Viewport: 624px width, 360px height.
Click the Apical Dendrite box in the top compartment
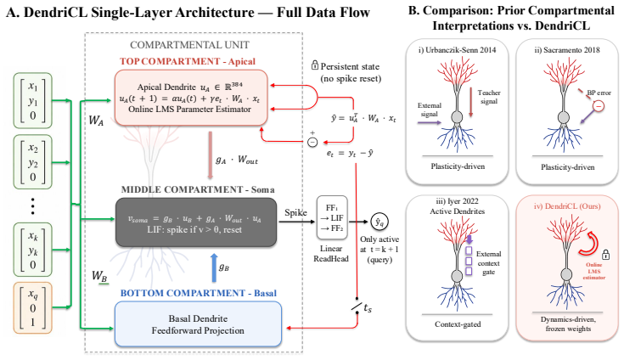pyautogui.click(x=191, y=98)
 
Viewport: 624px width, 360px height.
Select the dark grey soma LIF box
pyautogui.click(x=196, y=222)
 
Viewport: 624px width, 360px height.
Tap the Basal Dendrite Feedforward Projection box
pyautogui.click(x=198, y=324)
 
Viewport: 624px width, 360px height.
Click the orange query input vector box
pyautogui.click(x=32, y=308)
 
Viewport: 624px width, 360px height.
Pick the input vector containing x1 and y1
pyautogui.click(x=32, y=100)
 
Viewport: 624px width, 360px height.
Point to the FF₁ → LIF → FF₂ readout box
pyautogui.click(x=332, y=217)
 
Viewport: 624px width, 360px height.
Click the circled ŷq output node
pyautogui.click(x=379, y=222)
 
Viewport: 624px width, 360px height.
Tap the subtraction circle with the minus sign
pyautogui.click(x=312, y=142)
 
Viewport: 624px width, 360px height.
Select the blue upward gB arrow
pyautogui.click(x=214, y=267)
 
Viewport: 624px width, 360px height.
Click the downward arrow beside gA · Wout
pyautogui.click(x=211, y=155)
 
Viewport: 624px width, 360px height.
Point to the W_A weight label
pyautogui.click(x=96, y=120)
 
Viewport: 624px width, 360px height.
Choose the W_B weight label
pyautogui.click(x=99, y=276)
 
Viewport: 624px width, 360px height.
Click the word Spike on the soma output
pyautogui.click(x=295, y=213)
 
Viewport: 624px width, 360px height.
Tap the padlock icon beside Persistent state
pyautogui.click(x=315, y=65)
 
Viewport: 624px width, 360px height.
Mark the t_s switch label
pyautogui.click(x=368, y=307)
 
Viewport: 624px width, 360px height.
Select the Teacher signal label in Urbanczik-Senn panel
pyautogui.click(x=489, y=97)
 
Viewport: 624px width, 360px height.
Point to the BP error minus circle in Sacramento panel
pyautogui.click(x=599, y=106)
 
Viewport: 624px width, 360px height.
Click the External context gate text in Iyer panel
pyautogui.click(x=488, y=263)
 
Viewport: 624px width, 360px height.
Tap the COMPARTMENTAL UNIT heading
pyautogui.click(x=189, y=45)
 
